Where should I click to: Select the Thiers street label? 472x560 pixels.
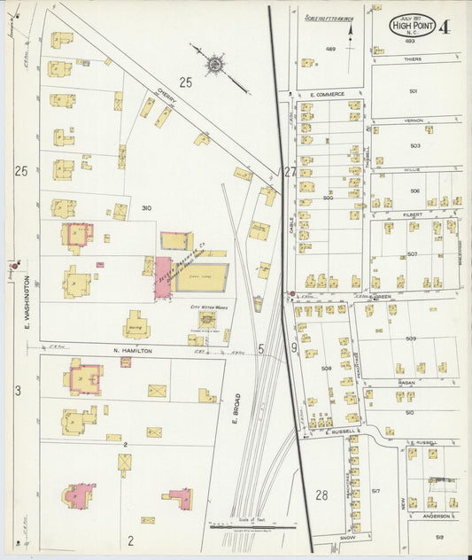(x=413, y=59)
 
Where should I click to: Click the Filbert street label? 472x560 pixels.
(x=414, y=214)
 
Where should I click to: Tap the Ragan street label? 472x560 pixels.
(x=406, y=384)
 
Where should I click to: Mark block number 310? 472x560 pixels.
(x=146, y=208)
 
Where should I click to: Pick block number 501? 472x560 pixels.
(x=413, y=90)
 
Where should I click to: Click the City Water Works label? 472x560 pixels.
(x=205, y=307)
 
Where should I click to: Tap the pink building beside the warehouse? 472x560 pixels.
(x=164, y=278)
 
